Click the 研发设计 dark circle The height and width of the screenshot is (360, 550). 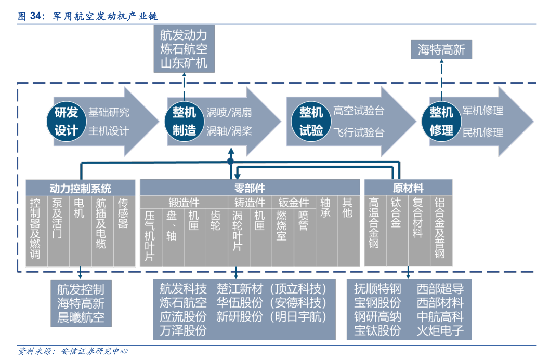(x=67, y=121)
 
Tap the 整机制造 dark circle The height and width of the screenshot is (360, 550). (x=184, y=121)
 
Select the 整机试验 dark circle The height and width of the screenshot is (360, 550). (x=311, y=121)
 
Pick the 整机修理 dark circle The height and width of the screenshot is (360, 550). (x=441, y=121)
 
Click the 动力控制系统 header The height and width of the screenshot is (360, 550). (x=81, y=188)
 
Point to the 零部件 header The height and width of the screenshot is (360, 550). (x=250, y=188)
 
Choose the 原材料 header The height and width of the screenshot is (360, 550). (x=408, y=188)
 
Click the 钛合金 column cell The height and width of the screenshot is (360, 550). (x=397, y=231)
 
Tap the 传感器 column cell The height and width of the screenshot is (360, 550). (x=124, y=231)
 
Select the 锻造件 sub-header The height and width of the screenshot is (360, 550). (x=184, y=202)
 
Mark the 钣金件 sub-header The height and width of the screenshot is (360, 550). (x=294, y=202)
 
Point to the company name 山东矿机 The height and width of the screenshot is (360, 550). (x=184, y=63)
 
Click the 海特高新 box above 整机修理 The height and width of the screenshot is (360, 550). (x=441, y=49)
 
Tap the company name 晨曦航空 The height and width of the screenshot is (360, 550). (x=81, y=317)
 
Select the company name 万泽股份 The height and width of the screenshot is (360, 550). (x=183, y=330)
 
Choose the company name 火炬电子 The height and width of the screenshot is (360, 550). (x=440, y=330)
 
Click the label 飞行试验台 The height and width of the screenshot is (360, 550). (x=359, y=132)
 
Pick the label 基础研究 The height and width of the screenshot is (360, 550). (x=109, y=113)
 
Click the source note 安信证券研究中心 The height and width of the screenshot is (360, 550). (x=95, y=351)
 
